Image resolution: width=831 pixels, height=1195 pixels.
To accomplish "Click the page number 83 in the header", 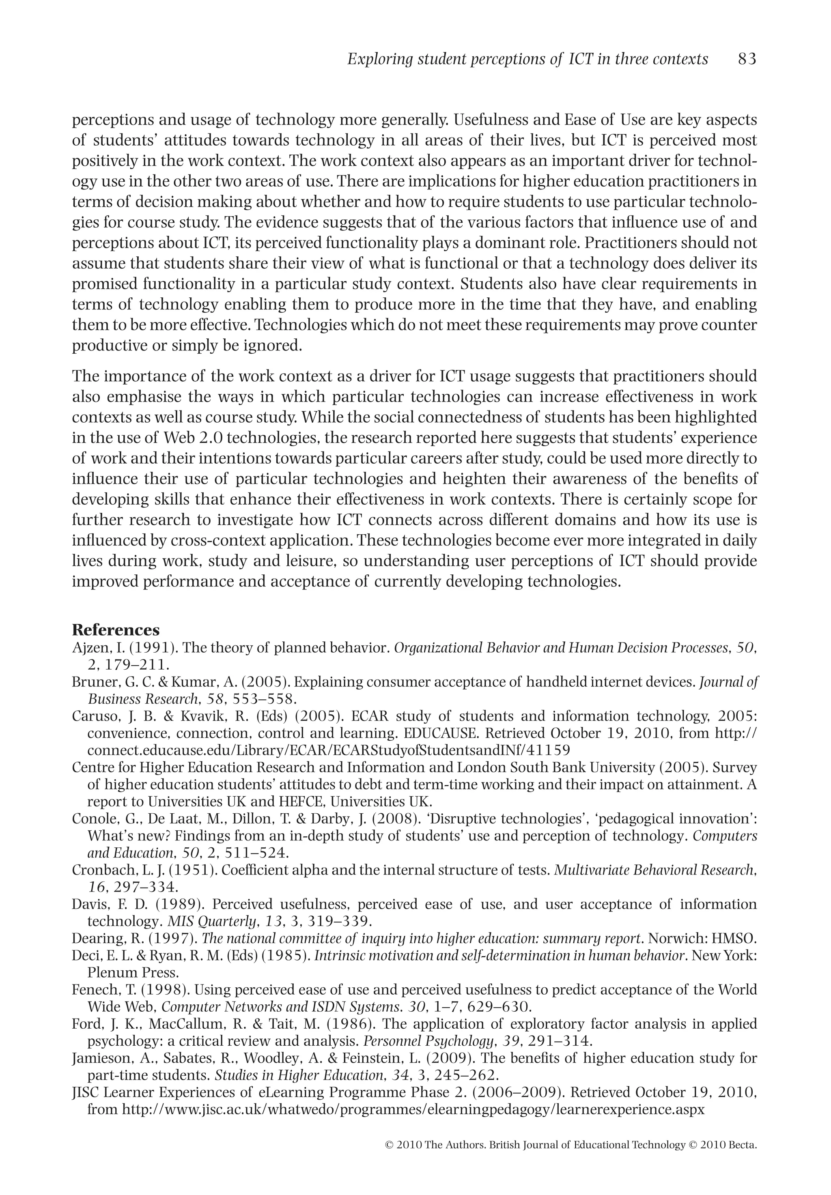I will coord(747,59).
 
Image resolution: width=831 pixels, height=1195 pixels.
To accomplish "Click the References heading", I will coord(116,630).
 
